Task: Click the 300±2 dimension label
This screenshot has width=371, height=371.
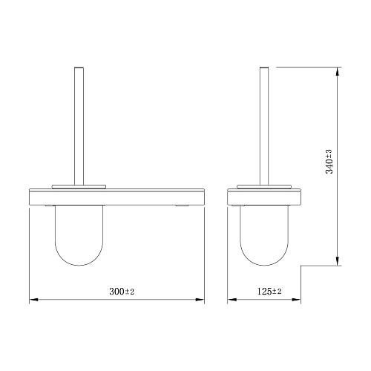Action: pos(122,292)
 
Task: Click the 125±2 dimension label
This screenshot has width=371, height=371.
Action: pos(269,292)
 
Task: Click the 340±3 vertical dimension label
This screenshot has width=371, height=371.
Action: pos(329,162)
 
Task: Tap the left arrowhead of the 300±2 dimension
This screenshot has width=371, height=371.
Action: pos(33,300)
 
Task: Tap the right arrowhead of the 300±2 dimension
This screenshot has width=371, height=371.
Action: pos(200,300)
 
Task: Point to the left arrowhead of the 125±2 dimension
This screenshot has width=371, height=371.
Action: pos(232,300)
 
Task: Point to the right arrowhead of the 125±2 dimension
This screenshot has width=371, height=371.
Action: pos(296,300)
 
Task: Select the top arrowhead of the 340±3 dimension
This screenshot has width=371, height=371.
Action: pos(338,71)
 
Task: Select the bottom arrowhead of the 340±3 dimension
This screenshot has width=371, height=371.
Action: pos(338,261)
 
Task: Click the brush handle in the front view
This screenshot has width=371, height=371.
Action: pos(79,126)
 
